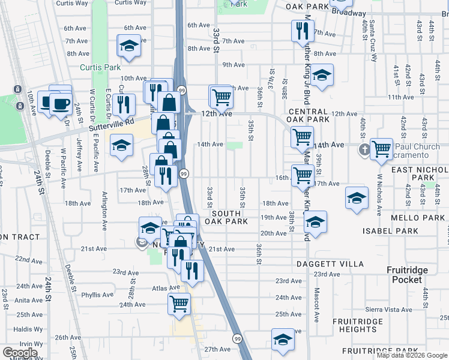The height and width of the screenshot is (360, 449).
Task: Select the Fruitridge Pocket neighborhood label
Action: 411,275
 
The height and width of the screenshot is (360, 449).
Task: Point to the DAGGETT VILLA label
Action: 330,264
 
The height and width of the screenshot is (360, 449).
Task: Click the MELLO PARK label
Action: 421,219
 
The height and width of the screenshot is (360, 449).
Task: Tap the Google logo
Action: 20,353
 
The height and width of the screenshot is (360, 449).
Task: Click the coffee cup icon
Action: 60,103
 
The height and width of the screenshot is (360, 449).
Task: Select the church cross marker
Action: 365,150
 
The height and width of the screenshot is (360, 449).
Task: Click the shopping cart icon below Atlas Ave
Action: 179,303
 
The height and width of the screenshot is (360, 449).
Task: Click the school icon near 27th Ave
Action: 283,340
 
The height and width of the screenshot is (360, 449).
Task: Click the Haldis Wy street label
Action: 28,328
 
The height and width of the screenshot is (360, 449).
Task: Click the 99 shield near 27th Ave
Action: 238,339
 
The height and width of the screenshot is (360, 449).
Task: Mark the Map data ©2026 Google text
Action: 411,355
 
